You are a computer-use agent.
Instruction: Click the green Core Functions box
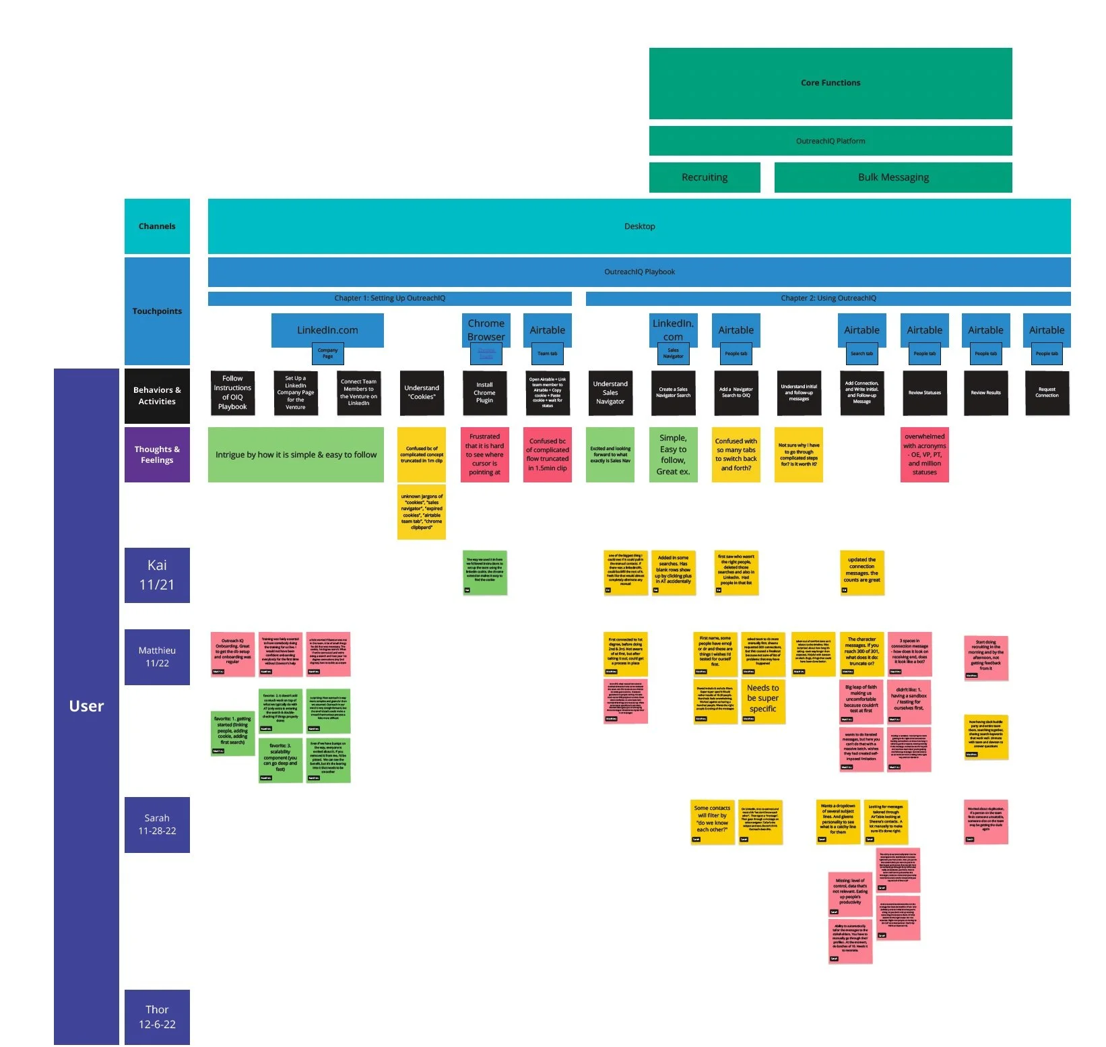point(830,83)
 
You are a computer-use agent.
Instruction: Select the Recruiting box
point(704,177)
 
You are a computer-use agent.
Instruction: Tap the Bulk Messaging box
point(892,177)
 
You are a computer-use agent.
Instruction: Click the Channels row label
point(157,226)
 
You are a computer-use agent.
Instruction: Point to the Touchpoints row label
point(157,311)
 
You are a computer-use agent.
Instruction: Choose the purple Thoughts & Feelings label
point(157,455)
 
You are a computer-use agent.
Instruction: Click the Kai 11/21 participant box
point(157,575)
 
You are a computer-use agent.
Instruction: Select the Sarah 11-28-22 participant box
point(157,825)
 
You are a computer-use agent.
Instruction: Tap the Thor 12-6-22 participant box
point(157,1017)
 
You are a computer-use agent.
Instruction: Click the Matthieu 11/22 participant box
point(157,657)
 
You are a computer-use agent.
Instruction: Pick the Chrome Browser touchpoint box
point(486,329)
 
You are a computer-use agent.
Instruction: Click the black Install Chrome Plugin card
point(484,393)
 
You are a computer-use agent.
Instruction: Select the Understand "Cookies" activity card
point(422,393)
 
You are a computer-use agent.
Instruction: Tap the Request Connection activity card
point(1047,393)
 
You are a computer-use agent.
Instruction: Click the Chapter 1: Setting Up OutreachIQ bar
point(389,298)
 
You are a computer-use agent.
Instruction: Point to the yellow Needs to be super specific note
point(762,699)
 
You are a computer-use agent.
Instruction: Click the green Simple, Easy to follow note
point(673,455)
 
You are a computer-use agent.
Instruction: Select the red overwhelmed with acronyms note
point(924,455)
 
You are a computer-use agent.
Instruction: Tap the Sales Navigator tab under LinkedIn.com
point(673,353)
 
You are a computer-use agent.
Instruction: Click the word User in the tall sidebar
point(86,706)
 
